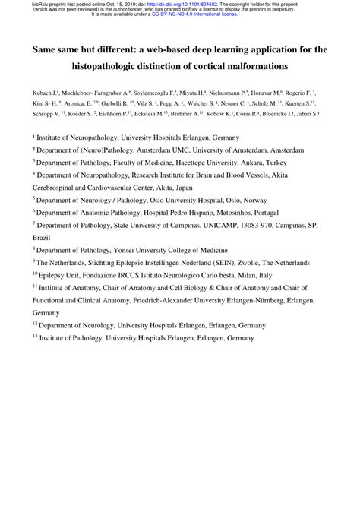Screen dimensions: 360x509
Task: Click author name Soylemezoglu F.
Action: coord(164,90)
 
